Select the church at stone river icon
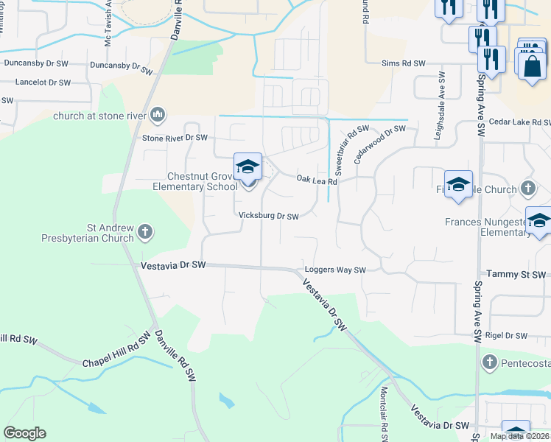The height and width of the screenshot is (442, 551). point(158,115)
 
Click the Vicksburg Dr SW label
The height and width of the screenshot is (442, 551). point(269,217)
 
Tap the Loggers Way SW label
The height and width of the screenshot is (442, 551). point(335,270)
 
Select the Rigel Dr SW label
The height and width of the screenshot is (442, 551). point(506,336)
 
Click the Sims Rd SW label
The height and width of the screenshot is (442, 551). point(404,65)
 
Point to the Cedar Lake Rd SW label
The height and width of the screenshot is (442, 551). point(519,122)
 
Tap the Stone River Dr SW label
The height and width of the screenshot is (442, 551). point(175,138)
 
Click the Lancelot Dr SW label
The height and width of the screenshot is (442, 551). point(43,83)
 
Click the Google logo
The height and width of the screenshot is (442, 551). point(24,433)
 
